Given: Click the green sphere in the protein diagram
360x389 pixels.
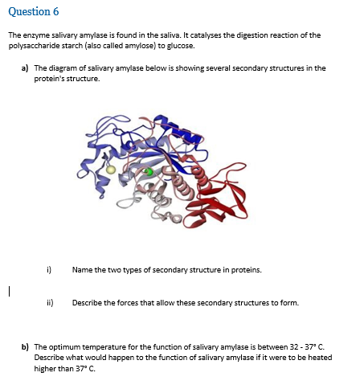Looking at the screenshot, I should [147, 172].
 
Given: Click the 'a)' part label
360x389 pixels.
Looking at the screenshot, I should [26, 68].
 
